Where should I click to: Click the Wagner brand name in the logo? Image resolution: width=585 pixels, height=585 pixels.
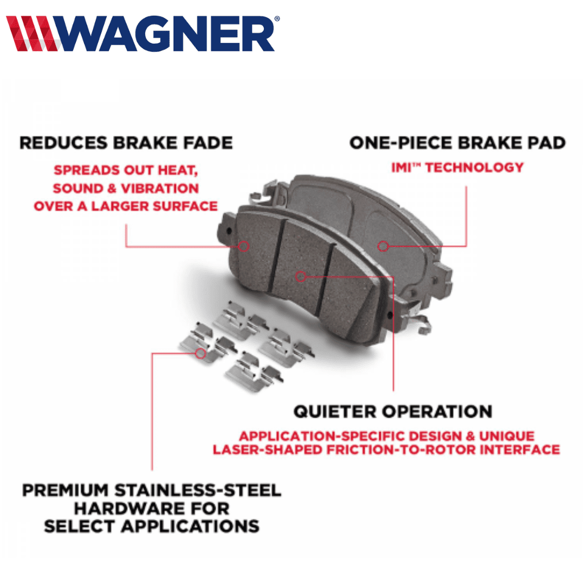[166, 34]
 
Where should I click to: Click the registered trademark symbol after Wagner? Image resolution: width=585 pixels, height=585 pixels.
[277, 18]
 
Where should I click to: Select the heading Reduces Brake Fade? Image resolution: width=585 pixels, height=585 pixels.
[126, 143]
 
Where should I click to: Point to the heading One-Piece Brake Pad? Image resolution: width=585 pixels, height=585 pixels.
[457, 143]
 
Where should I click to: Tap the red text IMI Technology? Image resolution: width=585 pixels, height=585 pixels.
[457, 167]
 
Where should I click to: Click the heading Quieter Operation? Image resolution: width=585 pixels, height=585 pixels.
[393, 412]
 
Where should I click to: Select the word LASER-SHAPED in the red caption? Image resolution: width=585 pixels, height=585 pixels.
[268, 450]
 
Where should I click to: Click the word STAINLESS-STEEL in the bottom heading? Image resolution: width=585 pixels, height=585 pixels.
[198, 490]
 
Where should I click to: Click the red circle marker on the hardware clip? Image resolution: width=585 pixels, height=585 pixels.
[200, 353]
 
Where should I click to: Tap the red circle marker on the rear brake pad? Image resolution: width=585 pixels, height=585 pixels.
[383, 246]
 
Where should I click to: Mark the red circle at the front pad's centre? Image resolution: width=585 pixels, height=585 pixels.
[301, 276]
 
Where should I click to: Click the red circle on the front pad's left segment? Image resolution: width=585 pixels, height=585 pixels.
[244, 246]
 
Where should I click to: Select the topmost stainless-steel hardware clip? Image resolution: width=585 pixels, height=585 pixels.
[240, 320]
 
